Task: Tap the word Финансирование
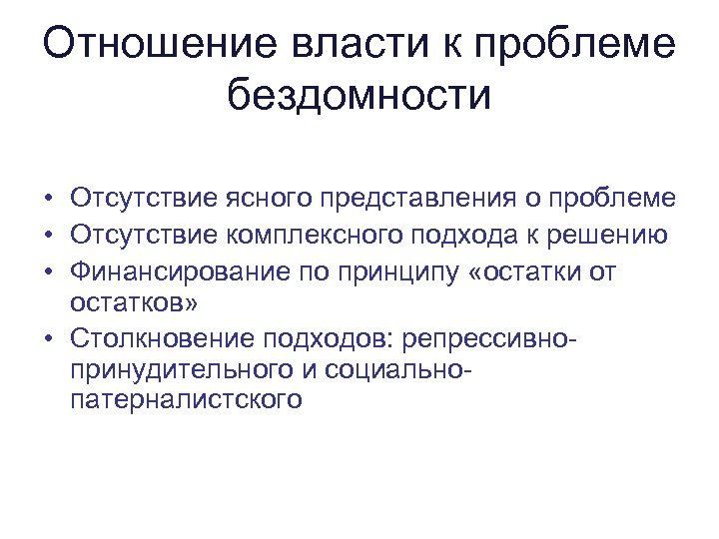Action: tap(166, 271)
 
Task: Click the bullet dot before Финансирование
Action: tap(48, 271)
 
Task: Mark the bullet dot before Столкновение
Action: tap(48, 341)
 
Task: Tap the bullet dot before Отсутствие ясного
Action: tap(48, 199)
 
